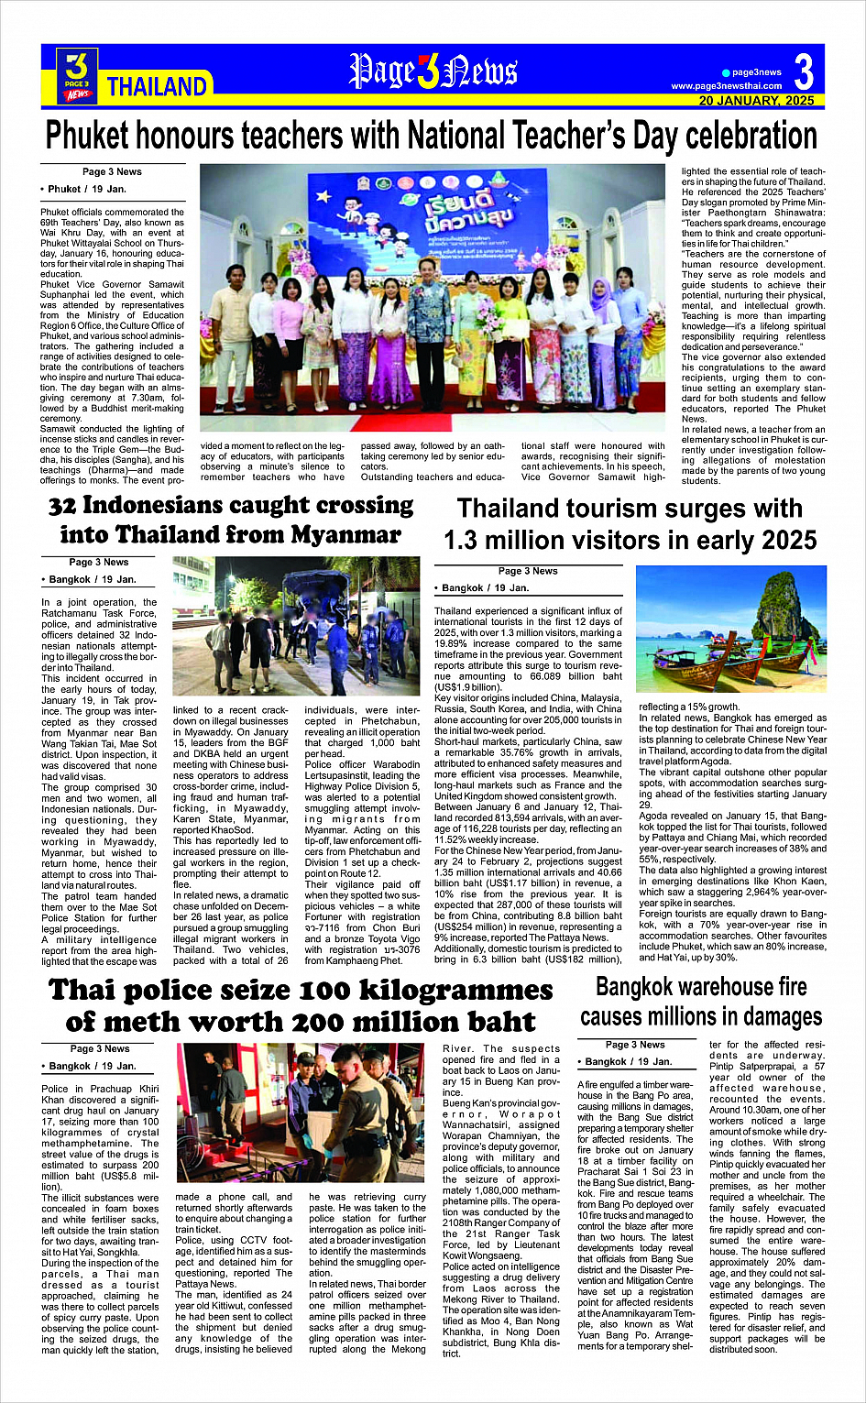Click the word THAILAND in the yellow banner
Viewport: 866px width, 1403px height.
[x=157, y=87]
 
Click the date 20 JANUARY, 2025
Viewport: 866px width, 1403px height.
[x=756, y=101]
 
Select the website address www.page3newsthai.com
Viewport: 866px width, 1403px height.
[x=727, y=86]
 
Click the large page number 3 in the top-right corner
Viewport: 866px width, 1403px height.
[x=804, y=71]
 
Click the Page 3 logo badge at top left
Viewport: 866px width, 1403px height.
[x=77, y=74]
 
